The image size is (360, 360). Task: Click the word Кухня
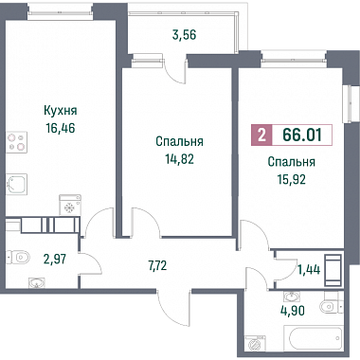point(61,111)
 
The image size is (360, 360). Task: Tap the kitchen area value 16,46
point(61,128)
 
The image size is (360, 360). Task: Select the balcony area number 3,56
point(184,35)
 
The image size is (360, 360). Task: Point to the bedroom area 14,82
point(179,159)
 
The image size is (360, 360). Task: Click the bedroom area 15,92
point(292,179)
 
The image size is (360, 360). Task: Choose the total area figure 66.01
point(302,135)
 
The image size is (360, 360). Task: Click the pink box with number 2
point(261,135)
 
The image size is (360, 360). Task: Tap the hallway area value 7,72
point(157,266)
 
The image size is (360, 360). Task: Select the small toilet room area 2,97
point(55,260)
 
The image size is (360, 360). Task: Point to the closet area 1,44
point(309,270)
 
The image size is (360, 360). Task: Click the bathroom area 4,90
point(293,311)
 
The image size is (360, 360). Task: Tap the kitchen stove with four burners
point(17,142)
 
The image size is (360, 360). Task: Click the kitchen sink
point(17,184)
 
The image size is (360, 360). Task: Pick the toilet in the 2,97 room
point(18,257)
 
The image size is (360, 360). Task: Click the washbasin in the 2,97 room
point(37,283)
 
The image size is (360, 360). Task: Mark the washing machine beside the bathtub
point(255,344)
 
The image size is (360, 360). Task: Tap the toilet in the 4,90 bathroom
point(331,305)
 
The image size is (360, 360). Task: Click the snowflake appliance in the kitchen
point(70,205)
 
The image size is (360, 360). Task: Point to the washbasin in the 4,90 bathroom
point(292,297)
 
